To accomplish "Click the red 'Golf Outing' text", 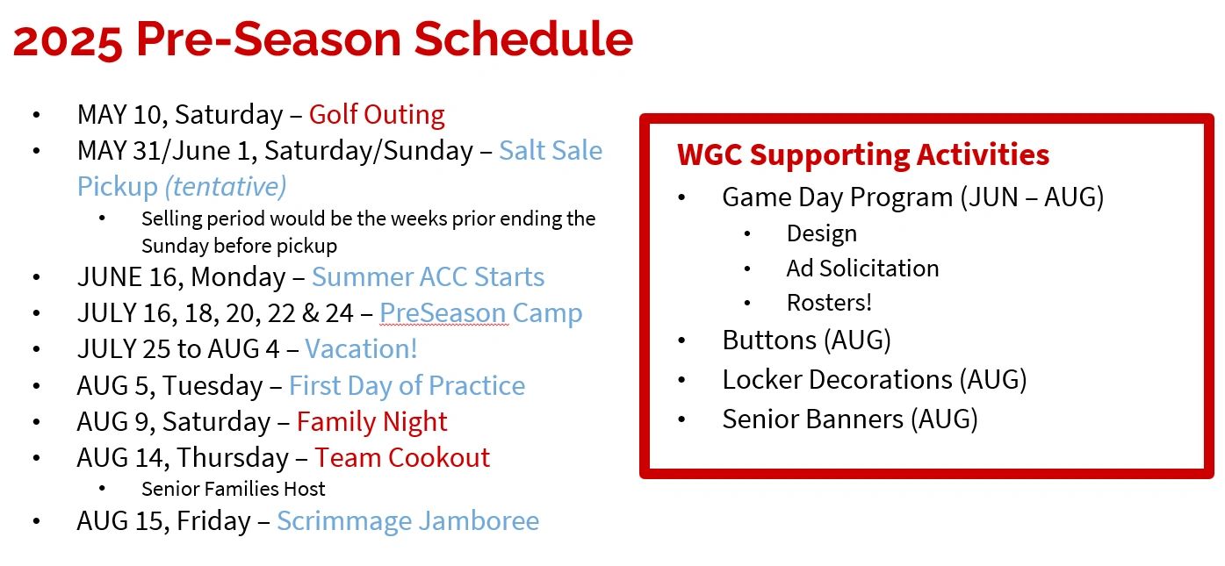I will [377, 115].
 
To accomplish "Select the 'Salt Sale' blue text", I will [551, 151].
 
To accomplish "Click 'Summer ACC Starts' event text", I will [428, 277].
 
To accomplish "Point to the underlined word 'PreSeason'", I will [443, 313].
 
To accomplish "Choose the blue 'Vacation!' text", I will [361, 349].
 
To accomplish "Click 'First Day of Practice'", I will [407, 386].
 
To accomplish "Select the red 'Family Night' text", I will [371, 422].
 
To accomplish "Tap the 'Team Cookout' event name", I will [402, 458].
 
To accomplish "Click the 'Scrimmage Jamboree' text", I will [407, 521].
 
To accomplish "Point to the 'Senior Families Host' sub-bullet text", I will [233, 489].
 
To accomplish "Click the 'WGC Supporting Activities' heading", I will [862, 154].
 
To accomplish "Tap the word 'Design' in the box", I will [821, 233].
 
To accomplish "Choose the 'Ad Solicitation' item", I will [862, 268].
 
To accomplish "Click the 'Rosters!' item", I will [829, 303].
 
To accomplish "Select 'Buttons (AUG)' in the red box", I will [806, 340].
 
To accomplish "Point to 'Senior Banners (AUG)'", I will [849, 419].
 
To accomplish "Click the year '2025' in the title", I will [68, 39].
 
